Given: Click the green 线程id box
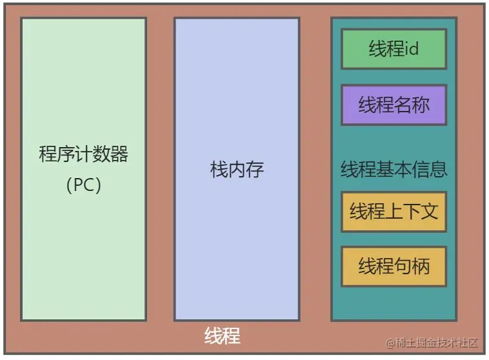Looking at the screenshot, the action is [394, 49].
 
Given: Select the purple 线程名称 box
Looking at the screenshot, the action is [394, 105].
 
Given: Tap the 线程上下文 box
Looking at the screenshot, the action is [394, 211].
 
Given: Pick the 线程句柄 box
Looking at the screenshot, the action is [394, 266].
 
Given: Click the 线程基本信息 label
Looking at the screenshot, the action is [394, 170].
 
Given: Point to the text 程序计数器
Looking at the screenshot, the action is [83, 155].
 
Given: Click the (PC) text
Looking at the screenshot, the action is [83, 185].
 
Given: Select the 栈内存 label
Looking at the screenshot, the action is [237, 170].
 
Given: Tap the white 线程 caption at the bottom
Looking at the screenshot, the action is [223, 336].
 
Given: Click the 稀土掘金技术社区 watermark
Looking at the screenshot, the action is [434, 343].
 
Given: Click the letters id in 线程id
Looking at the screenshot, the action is [412, 49].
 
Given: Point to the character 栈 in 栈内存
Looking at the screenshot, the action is [219, 170].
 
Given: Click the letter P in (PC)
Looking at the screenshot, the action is [79, 185].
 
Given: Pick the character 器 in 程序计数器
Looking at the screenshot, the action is [119, 155].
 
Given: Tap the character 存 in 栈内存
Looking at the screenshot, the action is [255, 170].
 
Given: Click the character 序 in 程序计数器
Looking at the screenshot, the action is [65, 155].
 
